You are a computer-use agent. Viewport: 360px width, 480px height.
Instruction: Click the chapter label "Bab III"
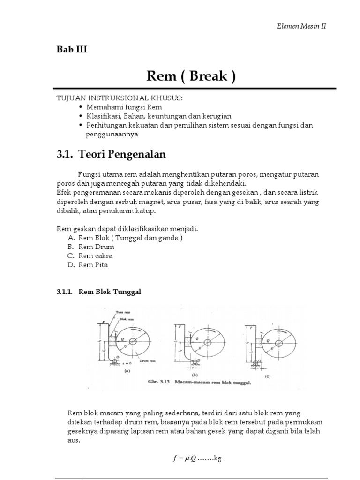tap(72, 50)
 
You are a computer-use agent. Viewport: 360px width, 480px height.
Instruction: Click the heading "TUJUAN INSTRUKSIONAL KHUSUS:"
tap(119, 97)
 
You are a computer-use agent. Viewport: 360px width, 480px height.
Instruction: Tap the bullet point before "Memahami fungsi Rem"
tap(81, 107)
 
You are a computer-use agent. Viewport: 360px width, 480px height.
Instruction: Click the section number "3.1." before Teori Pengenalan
tap(65, 154)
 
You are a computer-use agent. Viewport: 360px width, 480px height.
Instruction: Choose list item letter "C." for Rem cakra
tap(71, 256)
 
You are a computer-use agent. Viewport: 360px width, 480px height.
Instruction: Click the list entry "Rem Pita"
tap(93, 265)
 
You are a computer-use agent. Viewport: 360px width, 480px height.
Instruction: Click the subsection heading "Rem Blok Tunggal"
tap(110, 292)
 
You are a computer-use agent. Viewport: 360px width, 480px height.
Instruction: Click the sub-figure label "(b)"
tap(194, 375)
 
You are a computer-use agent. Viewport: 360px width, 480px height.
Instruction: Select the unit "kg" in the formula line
tap(217, 458)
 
